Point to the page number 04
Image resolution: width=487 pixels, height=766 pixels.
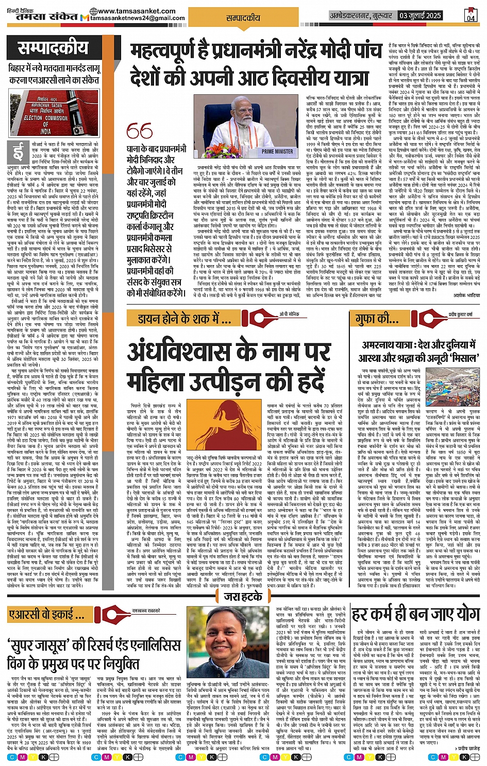tap(471, 17)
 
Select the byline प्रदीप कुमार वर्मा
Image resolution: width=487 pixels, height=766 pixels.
tap(460, 314)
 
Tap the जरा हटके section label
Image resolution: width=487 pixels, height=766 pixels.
tap(243, 597)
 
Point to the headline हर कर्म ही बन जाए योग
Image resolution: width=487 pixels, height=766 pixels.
tap(415, 615)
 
